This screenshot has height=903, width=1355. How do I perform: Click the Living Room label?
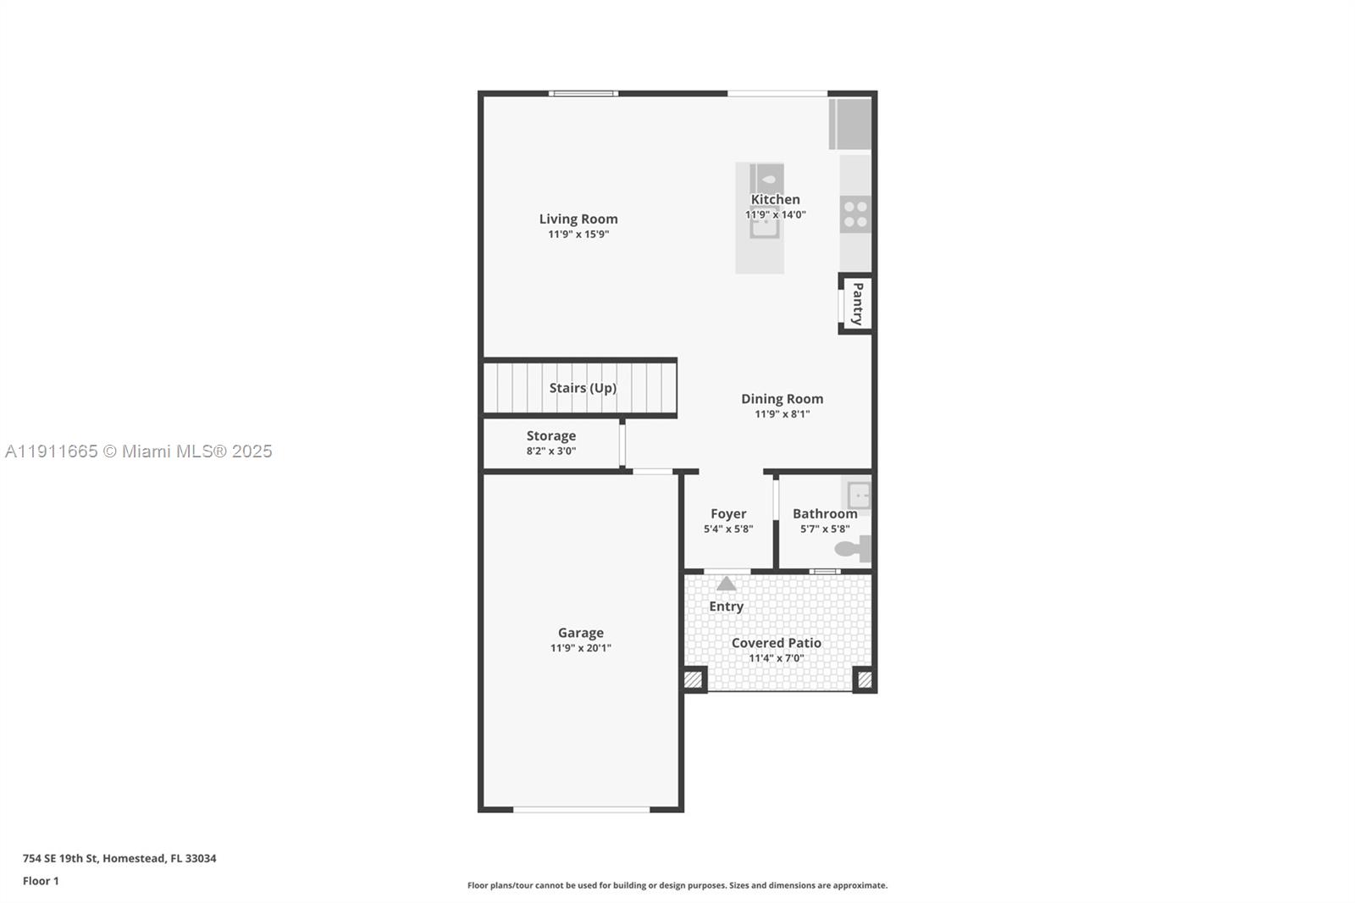coord(578,219)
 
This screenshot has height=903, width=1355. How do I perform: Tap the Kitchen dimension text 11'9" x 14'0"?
coord(775,215)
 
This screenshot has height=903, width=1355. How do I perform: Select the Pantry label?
coord(857,303)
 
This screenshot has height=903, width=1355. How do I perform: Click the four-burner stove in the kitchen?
coord(855,213)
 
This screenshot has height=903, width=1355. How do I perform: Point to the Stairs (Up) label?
coord(583,388)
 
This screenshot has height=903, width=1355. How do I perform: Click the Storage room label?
coord(551,435)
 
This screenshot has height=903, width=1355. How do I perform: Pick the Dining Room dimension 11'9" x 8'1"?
coord(782,414)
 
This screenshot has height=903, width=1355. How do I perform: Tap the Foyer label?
coord(728,513)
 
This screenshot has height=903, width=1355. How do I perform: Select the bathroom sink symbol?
coord(858,494)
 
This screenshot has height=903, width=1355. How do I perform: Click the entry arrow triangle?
coord(727,584)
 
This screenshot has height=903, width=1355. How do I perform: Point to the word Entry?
coord(727,607)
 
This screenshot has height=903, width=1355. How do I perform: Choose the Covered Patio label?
coord(776,643)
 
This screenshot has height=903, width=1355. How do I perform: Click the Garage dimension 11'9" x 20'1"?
coord(580,648)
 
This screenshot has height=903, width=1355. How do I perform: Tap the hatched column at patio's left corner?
coord(694,679)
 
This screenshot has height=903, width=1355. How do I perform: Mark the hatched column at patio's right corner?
coord(865,679)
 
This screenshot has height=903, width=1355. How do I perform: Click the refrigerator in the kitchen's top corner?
coord(850,124)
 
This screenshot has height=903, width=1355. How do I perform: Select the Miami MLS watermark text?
coord(139,451)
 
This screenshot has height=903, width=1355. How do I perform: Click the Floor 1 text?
coord(41,881)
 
